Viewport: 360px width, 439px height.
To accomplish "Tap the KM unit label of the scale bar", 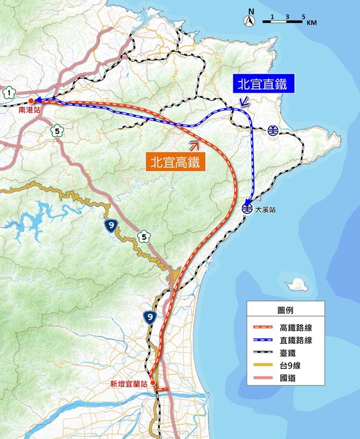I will tap(311, 23).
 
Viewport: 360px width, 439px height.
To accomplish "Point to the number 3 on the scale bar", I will tap(287, 17).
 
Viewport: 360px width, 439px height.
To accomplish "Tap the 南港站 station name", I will tap(29, 109).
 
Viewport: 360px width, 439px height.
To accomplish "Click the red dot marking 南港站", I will tap(31, 101).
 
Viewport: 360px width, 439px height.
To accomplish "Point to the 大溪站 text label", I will tap(265, 210).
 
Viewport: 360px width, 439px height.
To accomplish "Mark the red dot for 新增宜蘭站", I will tap(154, 383).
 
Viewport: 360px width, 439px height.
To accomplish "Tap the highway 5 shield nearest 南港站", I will tap(56, 130).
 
